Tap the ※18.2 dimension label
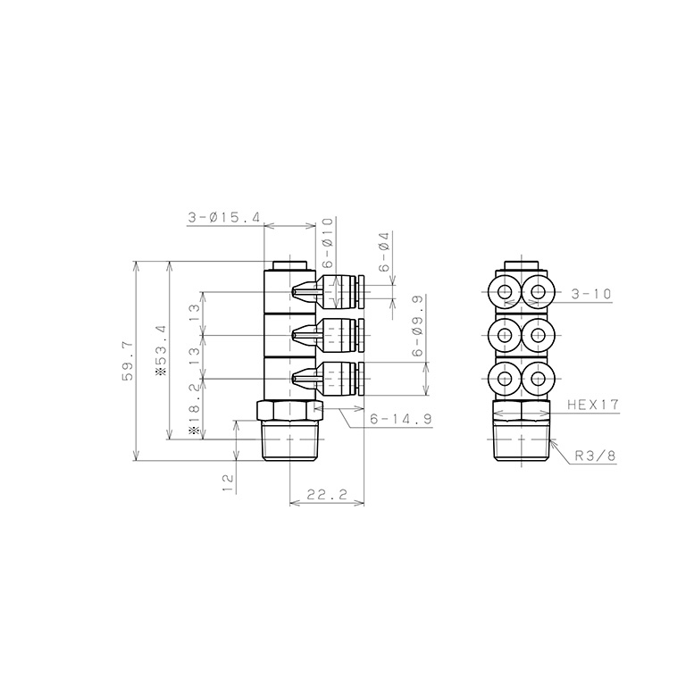pyautogui.click(x=194, y=411)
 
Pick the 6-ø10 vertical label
pyautogui.click(x=327, y=241)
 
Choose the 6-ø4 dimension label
pyautogui.click(x=384, y=251)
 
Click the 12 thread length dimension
pyautogui.click(x=228, y=482)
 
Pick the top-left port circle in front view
pyautogui.click(x=506, y=290)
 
